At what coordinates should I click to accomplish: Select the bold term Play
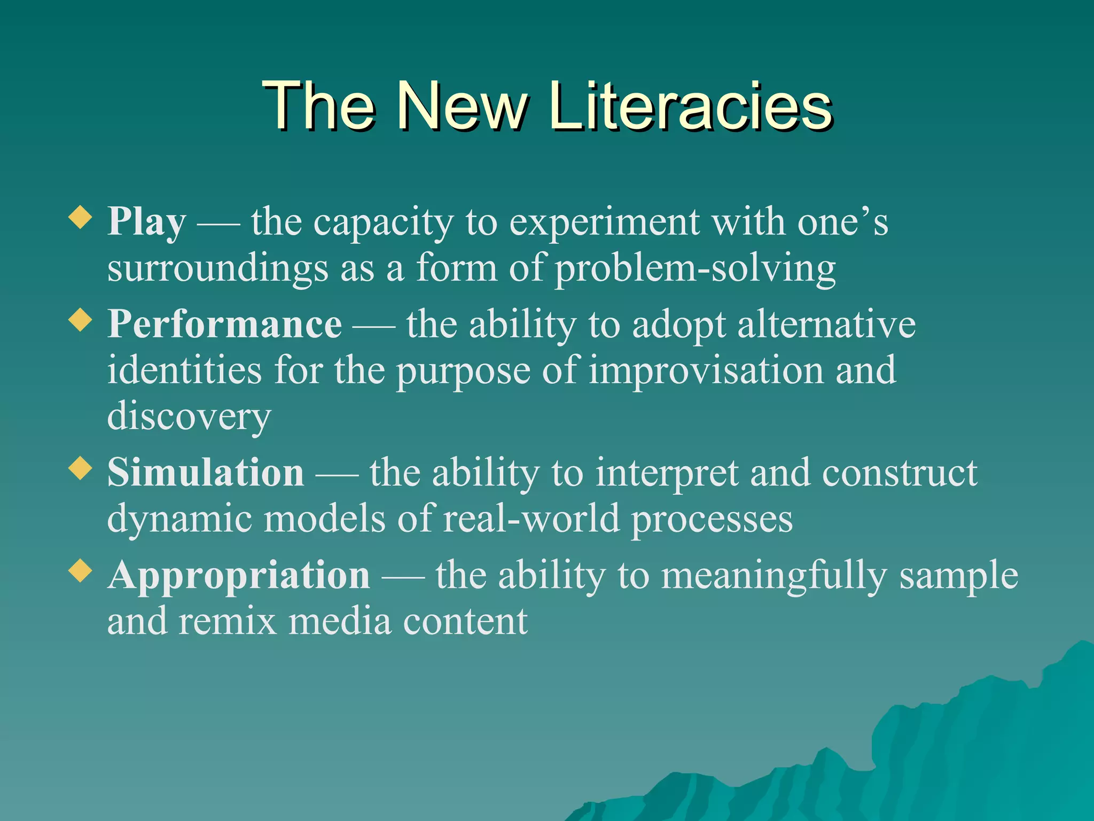click(147, 222)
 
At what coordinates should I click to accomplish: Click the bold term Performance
click(225, 324)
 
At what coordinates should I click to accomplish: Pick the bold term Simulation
click(206, 473)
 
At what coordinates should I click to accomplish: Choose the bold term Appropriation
click(239, 576)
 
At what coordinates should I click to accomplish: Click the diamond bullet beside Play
click(81, 218)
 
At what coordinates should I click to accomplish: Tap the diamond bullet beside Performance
click(81, 321)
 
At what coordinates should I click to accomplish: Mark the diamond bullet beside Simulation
click(81, 469)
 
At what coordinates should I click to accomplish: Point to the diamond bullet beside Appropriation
click(81, 572)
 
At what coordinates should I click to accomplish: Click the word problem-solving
click(695, 269)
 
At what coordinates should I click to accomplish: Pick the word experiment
click(604, 222)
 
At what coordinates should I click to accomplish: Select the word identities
click(185, 370)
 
